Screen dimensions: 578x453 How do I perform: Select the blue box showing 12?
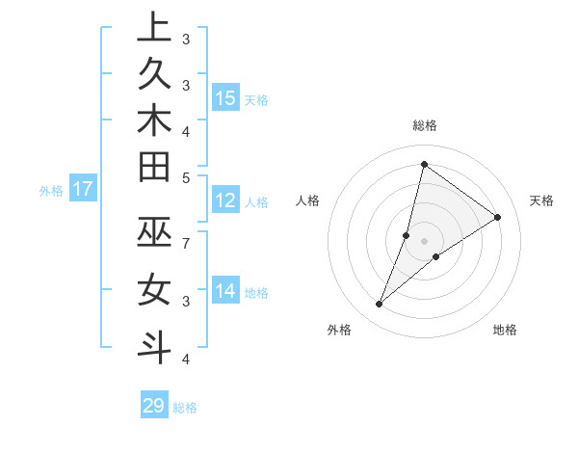225,200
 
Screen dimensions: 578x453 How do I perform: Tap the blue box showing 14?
225,290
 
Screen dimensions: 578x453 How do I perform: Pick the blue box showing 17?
83,189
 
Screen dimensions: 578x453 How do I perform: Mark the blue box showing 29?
154,406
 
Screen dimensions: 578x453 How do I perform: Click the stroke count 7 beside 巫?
185,242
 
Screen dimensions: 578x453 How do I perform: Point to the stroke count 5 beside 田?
185,177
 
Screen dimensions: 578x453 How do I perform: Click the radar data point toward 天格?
498,217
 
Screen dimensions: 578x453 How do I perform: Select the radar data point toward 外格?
380,305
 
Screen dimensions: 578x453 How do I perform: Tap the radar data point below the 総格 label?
424,164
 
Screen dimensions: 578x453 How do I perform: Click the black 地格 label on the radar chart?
505,331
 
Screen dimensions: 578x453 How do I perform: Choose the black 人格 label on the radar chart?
308,200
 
